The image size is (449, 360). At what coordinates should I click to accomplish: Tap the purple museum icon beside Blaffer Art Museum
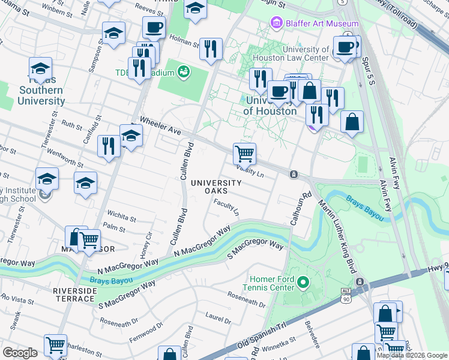[276, 24]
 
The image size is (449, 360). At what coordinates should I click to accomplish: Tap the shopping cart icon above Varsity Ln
[244, 154]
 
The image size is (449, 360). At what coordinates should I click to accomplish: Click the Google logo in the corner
[20, 353]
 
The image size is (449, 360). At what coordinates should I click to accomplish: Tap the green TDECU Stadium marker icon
[184, 73]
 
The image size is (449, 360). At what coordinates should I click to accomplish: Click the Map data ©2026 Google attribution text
[411, 355]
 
